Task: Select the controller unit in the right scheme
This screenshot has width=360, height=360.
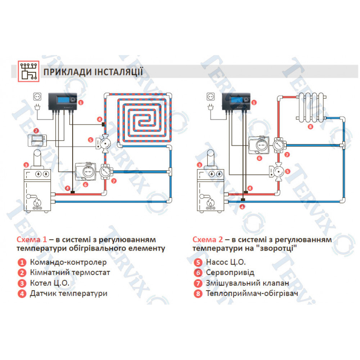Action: click(236, 101)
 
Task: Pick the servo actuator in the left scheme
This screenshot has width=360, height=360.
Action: click(86, 171)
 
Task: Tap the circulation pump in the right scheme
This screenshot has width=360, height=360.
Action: click(278, 171)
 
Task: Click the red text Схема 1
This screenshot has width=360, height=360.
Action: click(32, 240)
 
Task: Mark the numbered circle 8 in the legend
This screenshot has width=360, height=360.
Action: click(198, 293)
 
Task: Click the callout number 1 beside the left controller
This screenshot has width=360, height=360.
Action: click(81, 103)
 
